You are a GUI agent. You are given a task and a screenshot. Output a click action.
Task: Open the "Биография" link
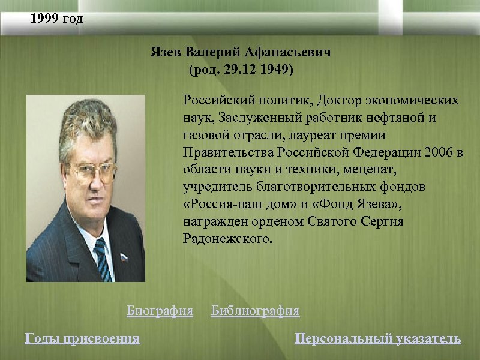(160, 311)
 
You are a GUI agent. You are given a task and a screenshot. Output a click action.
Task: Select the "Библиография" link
(255, 311)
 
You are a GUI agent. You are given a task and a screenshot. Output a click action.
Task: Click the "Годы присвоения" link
(82, 339)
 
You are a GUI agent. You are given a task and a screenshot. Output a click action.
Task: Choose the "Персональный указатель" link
(378, 339)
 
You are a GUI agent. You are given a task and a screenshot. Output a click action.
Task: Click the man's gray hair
(90, 120)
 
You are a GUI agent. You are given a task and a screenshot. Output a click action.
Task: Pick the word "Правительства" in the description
(227, 152)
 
